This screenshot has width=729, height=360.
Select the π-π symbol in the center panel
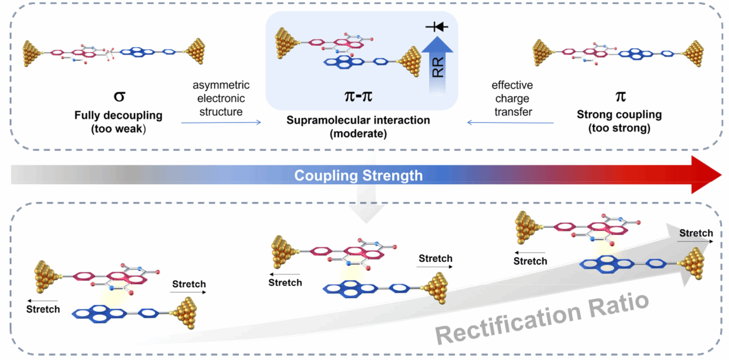pyautogui.click(x=358, y=95)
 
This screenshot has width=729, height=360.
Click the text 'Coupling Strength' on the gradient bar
pyautogui.click(x=359, y=175)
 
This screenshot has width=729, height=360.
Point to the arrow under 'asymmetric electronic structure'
pyautogui.click(x=221, y=122)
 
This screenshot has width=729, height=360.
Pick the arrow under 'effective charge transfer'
pyautogui.click(x=511, y=122)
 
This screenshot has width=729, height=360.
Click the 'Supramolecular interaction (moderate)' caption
pyautogui.click(x=358, y=126)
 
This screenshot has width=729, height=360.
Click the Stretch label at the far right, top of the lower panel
pyautogui.click(x=696, y=233)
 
